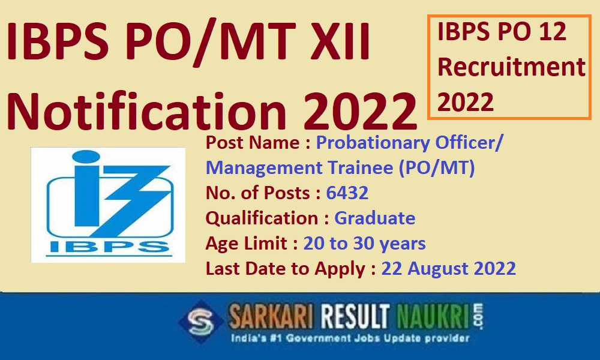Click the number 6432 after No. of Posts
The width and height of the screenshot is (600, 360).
(347, 193)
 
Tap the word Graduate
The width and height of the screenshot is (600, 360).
(374, 218)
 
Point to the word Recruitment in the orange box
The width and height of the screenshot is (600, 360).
(511, 67)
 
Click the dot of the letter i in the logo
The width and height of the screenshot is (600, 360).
(86, 156)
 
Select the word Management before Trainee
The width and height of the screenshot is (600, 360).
(264, 167)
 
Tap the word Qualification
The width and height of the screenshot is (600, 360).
(262, 218)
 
